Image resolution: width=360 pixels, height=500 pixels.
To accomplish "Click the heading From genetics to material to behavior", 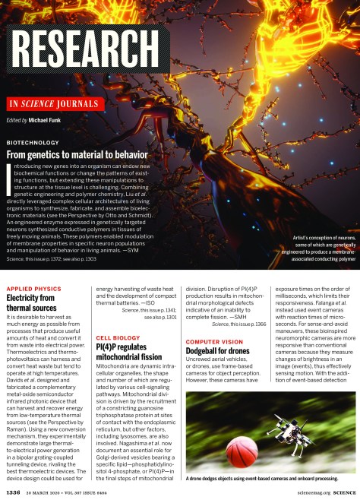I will tap(76, 154).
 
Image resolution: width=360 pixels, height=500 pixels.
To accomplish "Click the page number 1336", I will tap(13, 492).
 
